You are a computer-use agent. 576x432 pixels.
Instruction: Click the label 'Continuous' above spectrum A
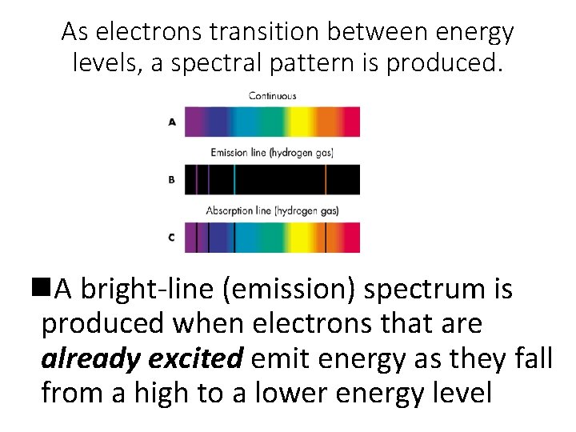point(272,96)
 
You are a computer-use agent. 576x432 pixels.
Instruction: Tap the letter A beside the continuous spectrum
point(172,122)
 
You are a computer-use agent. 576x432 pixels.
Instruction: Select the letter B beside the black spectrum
point(172,180)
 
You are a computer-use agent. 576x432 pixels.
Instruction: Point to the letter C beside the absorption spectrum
point(172,238)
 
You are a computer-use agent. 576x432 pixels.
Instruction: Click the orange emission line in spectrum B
point(326,180)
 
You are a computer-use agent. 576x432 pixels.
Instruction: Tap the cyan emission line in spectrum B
point(234,180)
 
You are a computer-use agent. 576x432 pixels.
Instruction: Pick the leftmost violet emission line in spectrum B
point(197,180)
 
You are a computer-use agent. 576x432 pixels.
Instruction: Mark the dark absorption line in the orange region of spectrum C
point(326,238)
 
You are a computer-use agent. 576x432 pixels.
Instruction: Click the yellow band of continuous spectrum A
point(302,122)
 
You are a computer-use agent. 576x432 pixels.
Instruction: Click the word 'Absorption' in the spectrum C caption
point(231,211)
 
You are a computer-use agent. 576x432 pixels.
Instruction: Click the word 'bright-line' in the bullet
point(148,290)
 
